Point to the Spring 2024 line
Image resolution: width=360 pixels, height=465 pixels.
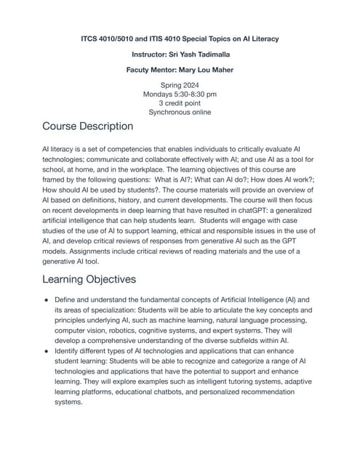click(179, 86)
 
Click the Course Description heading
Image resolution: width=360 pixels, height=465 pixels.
click(87, 126)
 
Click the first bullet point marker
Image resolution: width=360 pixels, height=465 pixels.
click(47, 299)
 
